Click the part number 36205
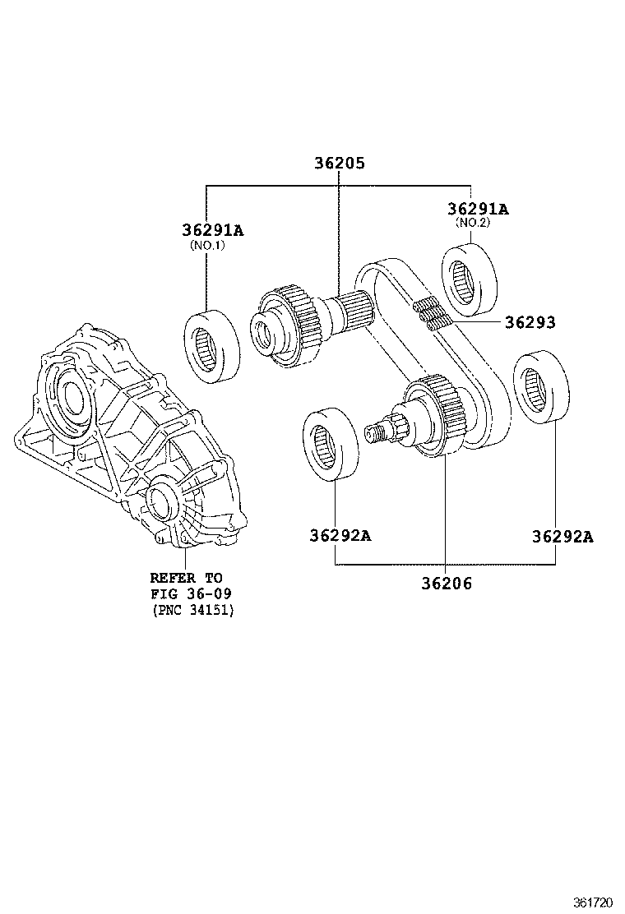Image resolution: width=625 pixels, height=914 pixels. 338,164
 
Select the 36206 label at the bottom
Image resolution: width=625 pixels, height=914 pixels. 447,584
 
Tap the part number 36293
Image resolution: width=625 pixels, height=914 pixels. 530,323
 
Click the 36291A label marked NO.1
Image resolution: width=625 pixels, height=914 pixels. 212,230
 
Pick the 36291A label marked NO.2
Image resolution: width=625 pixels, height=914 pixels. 478,210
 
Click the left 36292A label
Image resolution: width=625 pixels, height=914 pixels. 340,536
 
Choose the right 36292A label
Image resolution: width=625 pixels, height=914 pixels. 562,537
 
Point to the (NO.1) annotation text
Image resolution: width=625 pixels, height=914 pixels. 206,246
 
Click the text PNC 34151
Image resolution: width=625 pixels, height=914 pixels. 192,610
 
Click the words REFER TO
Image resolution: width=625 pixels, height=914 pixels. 186,578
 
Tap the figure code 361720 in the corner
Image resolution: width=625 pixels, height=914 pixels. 593,902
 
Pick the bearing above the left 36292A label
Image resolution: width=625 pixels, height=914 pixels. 330,444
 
